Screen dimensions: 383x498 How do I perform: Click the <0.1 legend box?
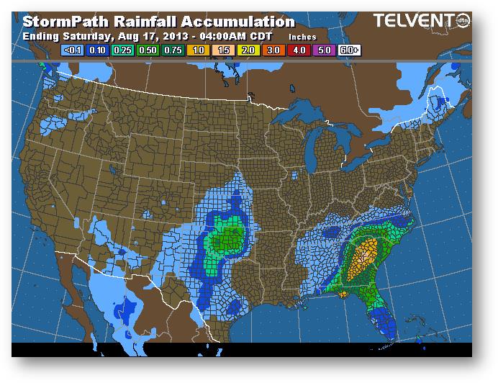coord(73,51)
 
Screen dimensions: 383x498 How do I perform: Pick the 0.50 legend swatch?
coord(147,51)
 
